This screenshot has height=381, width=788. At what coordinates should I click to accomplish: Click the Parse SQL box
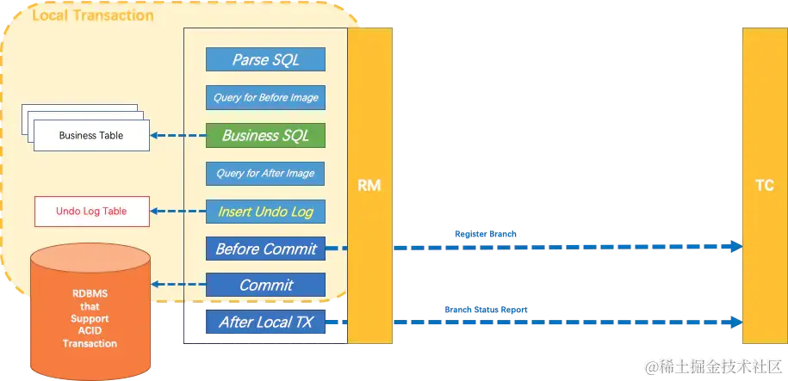(x=265, y=60)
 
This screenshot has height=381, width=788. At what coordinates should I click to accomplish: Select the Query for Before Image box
(x=265, y=97)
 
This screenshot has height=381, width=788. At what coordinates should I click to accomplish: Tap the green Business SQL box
(x=265, y=135)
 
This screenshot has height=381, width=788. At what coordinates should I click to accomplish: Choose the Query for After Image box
(x=265, y=173)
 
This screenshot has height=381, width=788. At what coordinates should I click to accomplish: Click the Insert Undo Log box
(x=265, y=211)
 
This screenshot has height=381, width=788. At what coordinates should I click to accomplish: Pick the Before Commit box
(x=265, y=249)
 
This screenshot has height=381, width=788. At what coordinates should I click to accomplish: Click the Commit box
(x=265, y=285)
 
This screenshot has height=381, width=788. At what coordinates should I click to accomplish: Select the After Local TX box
(x=265, y=323)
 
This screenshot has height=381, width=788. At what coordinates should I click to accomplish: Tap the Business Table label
(x=90, y=136)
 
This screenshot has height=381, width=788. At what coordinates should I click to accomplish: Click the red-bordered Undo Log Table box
(x=91, y=212)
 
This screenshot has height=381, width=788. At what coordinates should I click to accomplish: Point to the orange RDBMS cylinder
(x=90, y=318)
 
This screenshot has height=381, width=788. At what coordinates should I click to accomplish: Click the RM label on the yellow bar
(x=369, y=185)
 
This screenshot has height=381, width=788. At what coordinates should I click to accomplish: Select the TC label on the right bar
(x=763, y=185)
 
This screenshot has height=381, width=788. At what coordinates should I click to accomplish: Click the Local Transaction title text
(x=93, y=15)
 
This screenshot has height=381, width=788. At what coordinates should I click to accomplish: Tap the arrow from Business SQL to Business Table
(x=177, y=135)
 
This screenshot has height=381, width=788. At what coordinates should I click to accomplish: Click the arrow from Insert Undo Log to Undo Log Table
(x=177, y=211)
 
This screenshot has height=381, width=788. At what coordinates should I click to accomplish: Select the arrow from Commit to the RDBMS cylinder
(x=177, y=285)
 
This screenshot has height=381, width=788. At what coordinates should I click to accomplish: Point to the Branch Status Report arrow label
(x=486, y=309)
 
